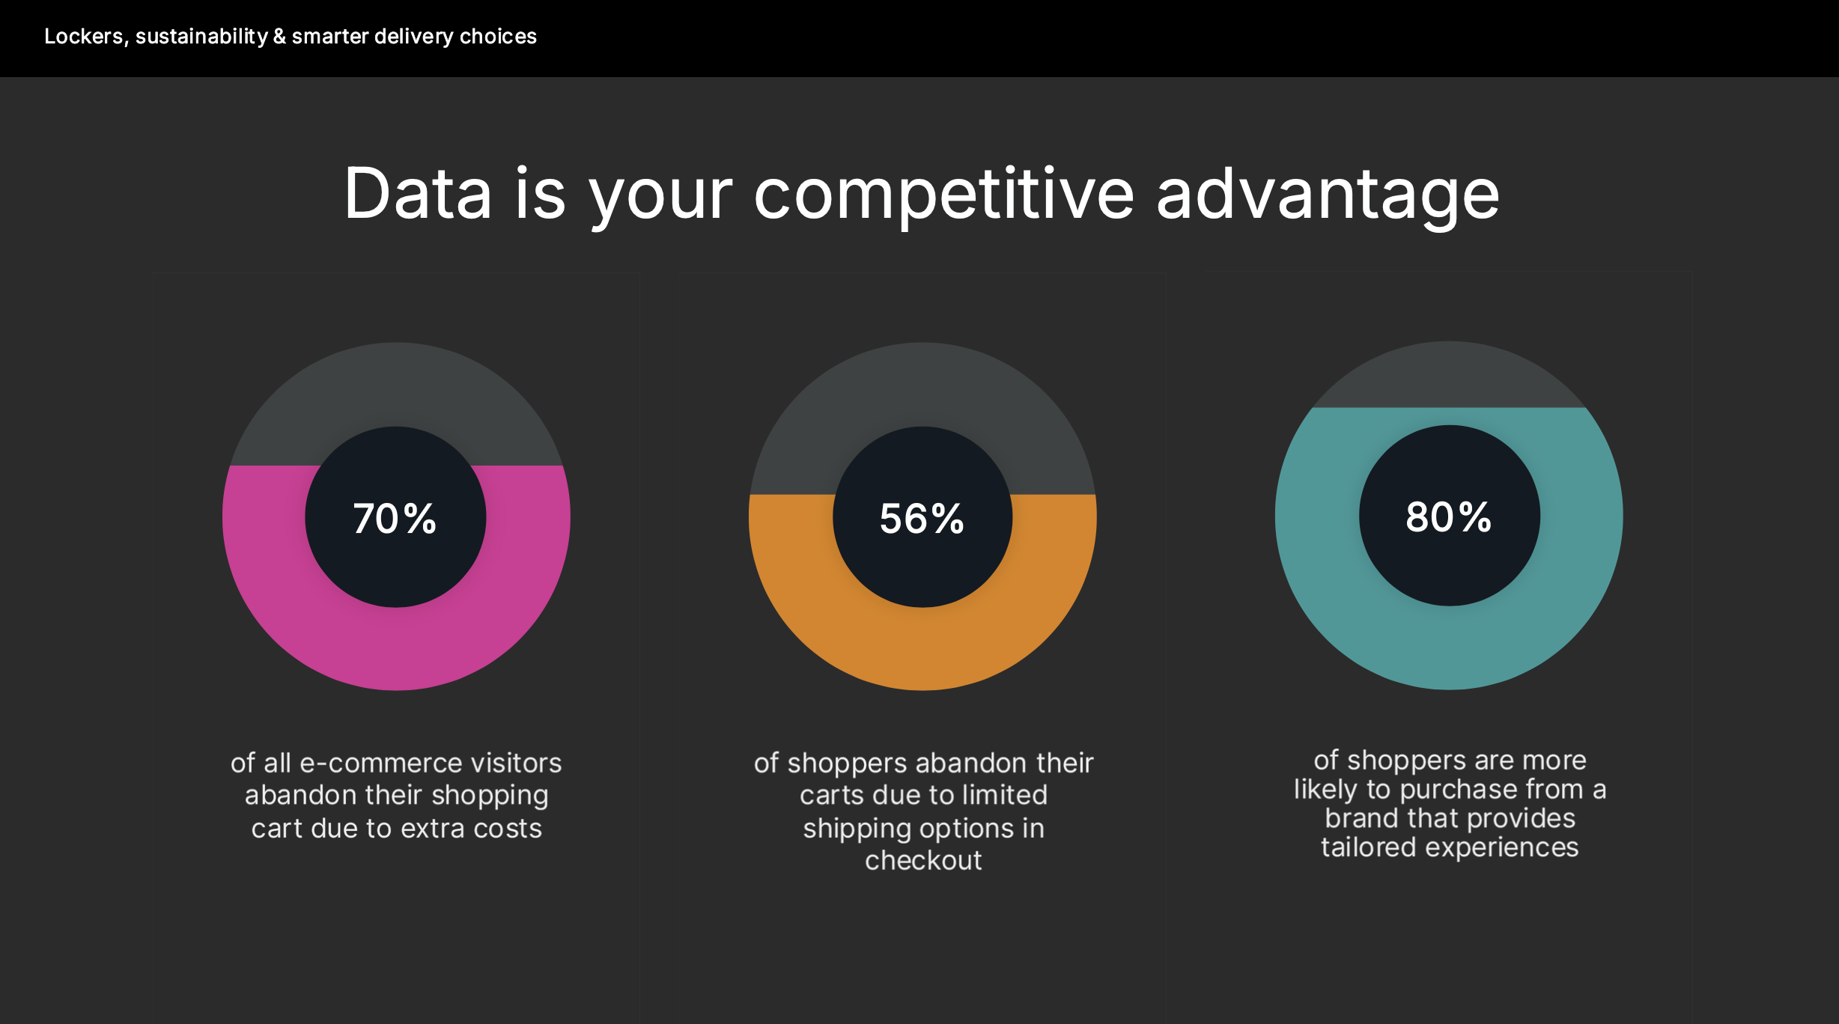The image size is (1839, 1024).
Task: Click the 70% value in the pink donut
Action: tap(395, 518)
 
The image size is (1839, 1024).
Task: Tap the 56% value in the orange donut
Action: tap(922, 518)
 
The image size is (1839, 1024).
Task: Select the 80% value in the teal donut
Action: tap(1449, 516)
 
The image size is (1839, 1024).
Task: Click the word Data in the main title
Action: tap(418, 193)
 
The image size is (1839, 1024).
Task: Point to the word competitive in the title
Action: tap(944, 193)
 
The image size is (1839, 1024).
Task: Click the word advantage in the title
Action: tap(1328, 193)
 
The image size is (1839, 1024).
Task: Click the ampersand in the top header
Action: tap(279, 36)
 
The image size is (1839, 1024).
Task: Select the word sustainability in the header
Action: tap(201, 36)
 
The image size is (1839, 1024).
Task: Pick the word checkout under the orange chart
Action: tap(923, 861)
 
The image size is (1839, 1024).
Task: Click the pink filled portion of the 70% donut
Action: tap(396, 644)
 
